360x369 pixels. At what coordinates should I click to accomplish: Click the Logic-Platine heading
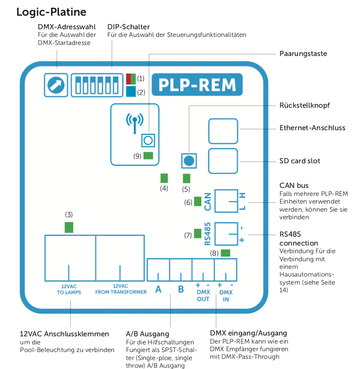click(51, 12)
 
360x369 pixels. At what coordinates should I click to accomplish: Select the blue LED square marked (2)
click(131, 91)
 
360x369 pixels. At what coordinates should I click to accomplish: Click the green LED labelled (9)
click(148, 155)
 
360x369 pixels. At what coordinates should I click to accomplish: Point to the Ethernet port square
click(223, 131)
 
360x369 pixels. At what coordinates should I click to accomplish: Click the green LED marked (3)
click(69, 227)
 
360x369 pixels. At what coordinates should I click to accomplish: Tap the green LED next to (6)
click(198, 201)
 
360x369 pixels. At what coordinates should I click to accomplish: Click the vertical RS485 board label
click(207, 234)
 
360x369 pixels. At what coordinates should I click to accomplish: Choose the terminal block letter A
click(158, 290)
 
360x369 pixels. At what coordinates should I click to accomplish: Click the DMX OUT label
click(203, 296)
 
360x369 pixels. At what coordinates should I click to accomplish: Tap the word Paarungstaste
click(303, 54)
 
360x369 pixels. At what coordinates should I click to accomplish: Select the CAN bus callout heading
click(294, 185)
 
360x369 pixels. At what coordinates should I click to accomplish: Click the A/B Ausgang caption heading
click(148, 334)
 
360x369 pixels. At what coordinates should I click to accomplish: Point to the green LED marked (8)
click(226, 253)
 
